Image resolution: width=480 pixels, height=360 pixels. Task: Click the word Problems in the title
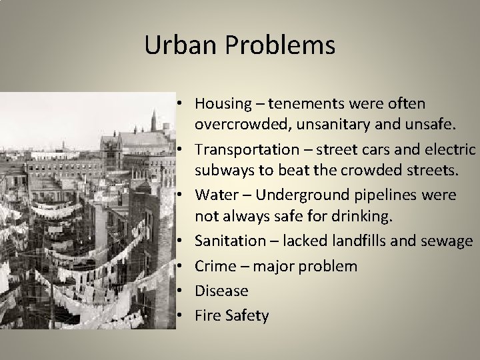tap(280, 45)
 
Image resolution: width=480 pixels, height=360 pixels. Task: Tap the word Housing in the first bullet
tap(222, 104)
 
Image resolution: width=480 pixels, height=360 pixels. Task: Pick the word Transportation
tap(244, 148)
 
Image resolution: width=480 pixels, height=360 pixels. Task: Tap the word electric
tap(450, 148)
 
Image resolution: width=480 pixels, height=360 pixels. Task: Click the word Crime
tap(215, 266)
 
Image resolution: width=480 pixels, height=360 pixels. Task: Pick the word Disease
tap(221, 291)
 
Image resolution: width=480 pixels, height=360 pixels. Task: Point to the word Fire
tap(207, 315)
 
